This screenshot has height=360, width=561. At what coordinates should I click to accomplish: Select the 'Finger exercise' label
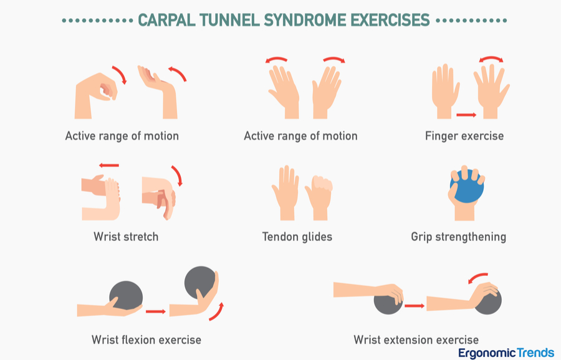464,135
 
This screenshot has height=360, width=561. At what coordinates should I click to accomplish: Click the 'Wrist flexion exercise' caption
146,339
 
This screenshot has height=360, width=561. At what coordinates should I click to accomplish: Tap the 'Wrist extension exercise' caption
416,339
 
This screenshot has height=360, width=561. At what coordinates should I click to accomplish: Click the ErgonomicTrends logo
506,353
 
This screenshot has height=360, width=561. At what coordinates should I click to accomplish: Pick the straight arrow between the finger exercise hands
466,115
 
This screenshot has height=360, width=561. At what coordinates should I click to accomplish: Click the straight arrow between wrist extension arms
414,305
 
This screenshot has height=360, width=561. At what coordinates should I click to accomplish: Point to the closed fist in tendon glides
319,199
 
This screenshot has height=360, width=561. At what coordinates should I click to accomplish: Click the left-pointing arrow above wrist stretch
109,166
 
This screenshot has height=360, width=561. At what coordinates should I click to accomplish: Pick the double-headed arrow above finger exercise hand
491,59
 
